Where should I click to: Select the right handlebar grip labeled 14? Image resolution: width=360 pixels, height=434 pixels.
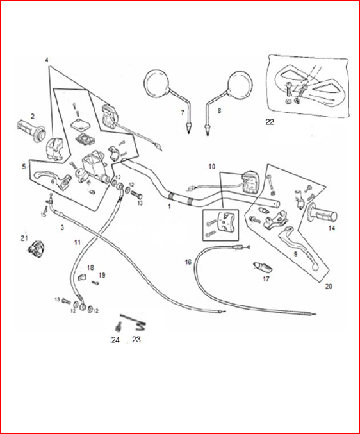pyautogui.click(x=324, y=216)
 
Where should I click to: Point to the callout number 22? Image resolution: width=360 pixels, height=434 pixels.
pyautogui.click(x=270, y=121)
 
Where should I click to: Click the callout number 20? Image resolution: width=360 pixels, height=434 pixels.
pyautogui.click(x=329, y=287)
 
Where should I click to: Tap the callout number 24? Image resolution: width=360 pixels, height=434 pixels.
pyautogui.click(x=116, y=340)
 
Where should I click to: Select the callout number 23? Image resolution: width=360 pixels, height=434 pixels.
pyautogui.click(x=136, y=340)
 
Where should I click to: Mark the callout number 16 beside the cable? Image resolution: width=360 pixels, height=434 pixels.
pyautogui.click(x=188, y=262)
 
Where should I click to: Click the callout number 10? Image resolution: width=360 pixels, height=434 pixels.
pyautogui.click(x=212, y=167)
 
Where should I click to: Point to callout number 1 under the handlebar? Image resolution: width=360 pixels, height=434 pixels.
pyautogui.click(x=169, y=207)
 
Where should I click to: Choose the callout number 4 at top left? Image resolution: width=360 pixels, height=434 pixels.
pyautogui.click(x=47, y=60)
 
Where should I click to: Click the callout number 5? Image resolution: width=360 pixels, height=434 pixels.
pyautogui.click(x=24, y=166)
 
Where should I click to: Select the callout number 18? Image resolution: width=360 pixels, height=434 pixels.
pyautogui.click(x=90, y=267)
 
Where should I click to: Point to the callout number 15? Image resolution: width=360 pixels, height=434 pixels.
pyautogui.click(x=44, y=214)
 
